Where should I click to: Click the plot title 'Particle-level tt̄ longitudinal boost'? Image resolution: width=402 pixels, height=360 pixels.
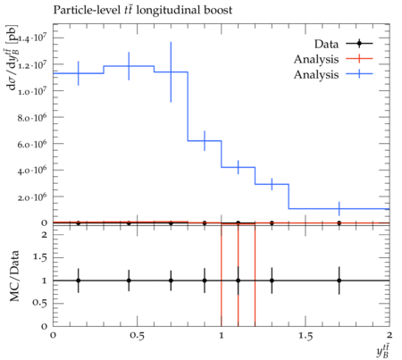(x=143, y=10)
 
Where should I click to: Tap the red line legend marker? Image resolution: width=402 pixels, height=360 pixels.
(x=359, y=59)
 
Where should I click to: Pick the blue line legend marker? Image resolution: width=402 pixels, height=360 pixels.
(x=359, y=74)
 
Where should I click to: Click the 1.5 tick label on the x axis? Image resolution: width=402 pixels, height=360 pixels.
(x=306, y=336)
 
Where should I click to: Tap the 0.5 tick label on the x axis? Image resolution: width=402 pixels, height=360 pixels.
(x=137, y=336)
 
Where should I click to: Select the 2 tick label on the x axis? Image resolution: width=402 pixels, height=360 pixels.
(x=389, y=335)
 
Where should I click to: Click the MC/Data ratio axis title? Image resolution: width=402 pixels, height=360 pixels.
(x=14, y=276)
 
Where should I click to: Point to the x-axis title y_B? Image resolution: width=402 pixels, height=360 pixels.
(x=383, y=351)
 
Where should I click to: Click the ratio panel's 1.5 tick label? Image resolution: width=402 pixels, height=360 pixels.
(x=39, y=257)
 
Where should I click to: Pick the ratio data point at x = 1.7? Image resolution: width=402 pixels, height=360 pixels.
(x=339, y=280)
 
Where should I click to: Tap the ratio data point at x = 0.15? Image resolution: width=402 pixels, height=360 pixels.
(x=79, y=280)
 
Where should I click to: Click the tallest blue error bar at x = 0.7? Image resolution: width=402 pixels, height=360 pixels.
(x=171, y=72)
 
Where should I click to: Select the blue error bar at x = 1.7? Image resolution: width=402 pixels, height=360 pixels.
(x=339, y=208)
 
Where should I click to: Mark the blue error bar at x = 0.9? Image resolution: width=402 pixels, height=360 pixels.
(x=205, y=140)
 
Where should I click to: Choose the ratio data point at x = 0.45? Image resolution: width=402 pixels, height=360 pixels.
(x=129, y=280)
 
